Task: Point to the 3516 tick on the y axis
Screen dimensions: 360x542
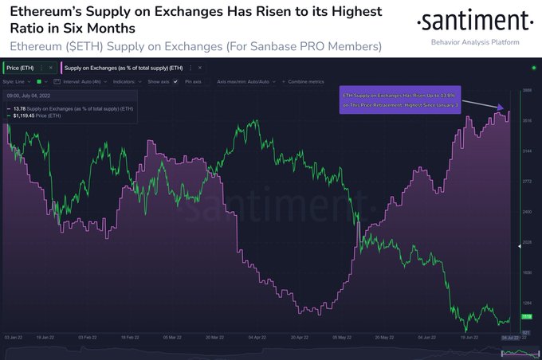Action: (527, 121)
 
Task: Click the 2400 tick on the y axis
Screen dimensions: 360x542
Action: (527, 212)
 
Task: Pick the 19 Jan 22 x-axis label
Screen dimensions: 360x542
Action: (48, 338)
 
